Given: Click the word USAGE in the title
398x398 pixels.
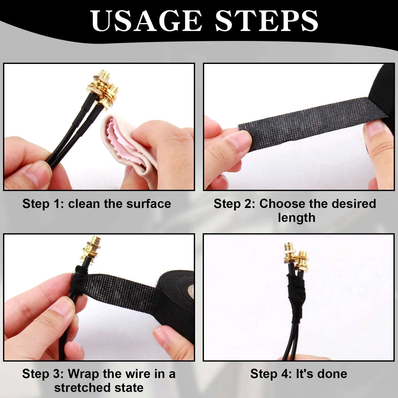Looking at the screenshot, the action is (x=147, y=21).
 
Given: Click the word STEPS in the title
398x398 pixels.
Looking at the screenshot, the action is (x=266, y=21).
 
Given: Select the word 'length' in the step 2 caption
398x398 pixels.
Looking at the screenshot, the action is (x=297, y=218).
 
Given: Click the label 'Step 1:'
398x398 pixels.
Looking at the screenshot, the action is (x=43, y=204).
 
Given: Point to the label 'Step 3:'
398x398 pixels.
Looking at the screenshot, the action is (x=43, y=374).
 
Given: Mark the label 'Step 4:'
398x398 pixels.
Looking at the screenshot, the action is (x=271, y=374).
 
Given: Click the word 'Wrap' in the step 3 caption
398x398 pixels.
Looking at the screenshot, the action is (x=83, y=374).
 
